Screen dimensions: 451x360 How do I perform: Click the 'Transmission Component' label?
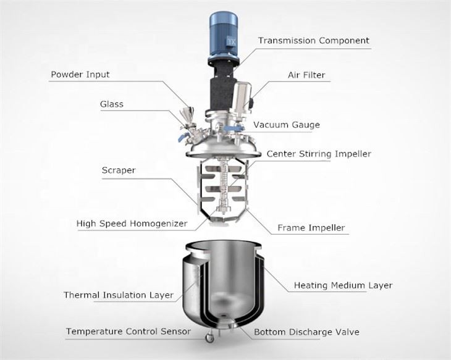(x=313, y=41)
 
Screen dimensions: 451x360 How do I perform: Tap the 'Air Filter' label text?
(x=306, y=75)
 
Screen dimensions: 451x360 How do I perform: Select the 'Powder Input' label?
(x=80, y=75)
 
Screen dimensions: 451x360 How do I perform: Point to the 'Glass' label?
(x=112, y=104)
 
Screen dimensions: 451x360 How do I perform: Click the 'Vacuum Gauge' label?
(x=287, y=125)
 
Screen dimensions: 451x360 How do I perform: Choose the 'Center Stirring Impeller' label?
(x=319, y=154)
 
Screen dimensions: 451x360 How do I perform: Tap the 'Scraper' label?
(x=119, y=170)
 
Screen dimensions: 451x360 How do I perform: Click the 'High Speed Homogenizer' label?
(x=132, y=224)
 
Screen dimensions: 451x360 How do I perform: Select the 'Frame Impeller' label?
(x=311, y=228)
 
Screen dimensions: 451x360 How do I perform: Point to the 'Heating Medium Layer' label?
(x=343, y=285)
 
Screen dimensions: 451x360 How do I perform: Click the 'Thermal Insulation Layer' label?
(x=119, y=295)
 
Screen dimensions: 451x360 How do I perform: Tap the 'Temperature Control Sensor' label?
(x=129, y=332)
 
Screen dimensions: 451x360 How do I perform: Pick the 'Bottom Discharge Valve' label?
(x=306, y=332)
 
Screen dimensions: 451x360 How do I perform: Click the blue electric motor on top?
(x=224, y=35)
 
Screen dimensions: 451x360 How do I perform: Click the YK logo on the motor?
(x=231, y=41)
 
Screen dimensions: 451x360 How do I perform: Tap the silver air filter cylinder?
(x=241, y=98)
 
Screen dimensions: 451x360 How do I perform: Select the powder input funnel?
(x=187, y=114)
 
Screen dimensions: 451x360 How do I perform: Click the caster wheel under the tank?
(x=209, y=338)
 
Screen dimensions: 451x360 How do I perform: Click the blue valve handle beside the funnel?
(x=182, y=138)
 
